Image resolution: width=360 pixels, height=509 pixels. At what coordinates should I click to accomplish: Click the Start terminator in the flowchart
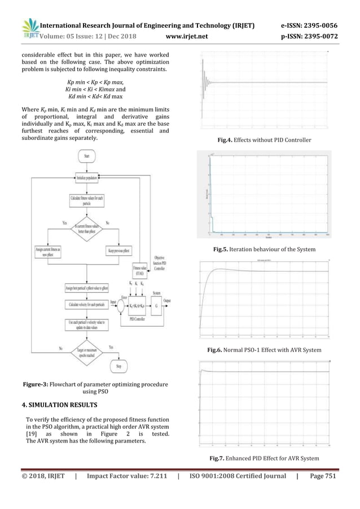(86, 156)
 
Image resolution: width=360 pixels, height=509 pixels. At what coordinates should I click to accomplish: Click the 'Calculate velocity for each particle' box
(86, 305)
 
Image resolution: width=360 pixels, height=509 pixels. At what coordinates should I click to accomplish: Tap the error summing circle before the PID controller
(120, 305)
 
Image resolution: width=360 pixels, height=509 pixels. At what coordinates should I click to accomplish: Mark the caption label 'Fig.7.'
(218, 458)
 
